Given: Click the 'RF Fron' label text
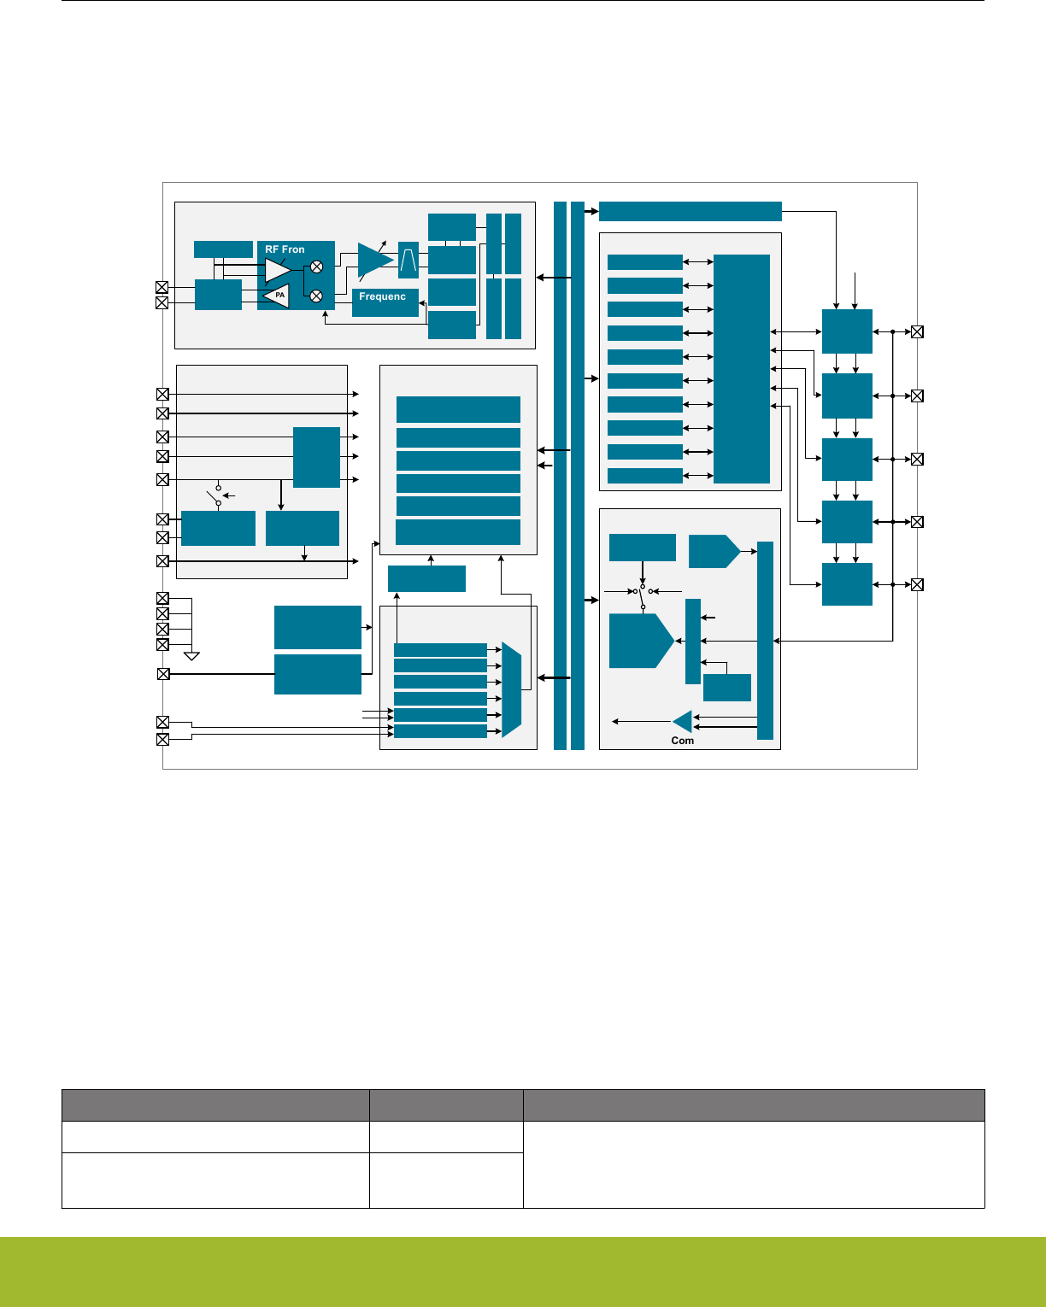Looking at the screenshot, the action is coord(285,249).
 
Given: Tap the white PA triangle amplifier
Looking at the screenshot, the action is coord(276,296).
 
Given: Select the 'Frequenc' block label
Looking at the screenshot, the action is coord(382,296).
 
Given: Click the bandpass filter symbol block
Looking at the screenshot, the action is coord(408,260).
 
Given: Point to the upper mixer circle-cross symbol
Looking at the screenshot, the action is coord(317,267).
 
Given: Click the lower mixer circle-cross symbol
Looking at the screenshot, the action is coord(316,296).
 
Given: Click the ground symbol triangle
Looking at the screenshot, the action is coord(191,656).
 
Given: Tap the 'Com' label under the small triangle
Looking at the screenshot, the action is coord(682,741).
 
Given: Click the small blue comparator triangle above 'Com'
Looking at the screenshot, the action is coord(682,722).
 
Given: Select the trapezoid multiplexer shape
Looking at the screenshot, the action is coord(512,689).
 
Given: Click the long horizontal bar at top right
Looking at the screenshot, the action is coord(690,211).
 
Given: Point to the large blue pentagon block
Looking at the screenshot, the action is coord(641,641).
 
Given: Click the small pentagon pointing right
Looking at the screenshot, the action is coord(714,552).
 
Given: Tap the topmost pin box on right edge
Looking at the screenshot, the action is coord(917,331).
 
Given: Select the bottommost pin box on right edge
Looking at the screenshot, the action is coord(917,584).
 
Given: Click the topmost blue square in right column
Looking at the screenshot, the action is coord(847,331).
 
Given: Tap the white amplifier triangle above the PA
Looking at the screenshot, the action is coord(277,270).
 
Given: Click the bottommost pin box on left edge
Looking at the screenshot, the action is coord(162,739).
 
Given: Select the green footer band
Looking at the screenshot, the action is coord(523,1272).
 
